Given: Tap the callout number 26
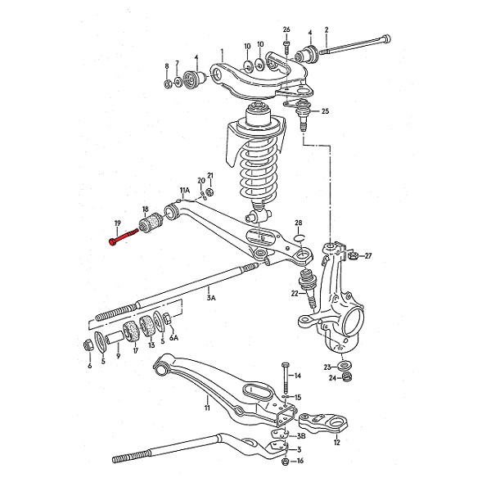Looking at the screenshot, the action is (x=286, y=29).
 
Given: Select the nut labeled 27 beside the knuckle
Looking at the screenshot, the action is (x=352, y=256).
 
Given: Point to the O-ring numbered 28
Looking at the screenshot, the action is (x=299, y=237).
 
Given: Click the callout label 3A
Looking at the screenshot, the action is (x=211, y=297).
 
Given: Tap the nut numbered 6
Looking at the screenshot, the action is (x=88, y=345).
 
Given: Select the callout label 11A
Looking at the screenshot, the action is (x=185, y=190).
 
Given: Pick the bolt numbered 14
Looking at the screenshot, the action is (x=286, y=378).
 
